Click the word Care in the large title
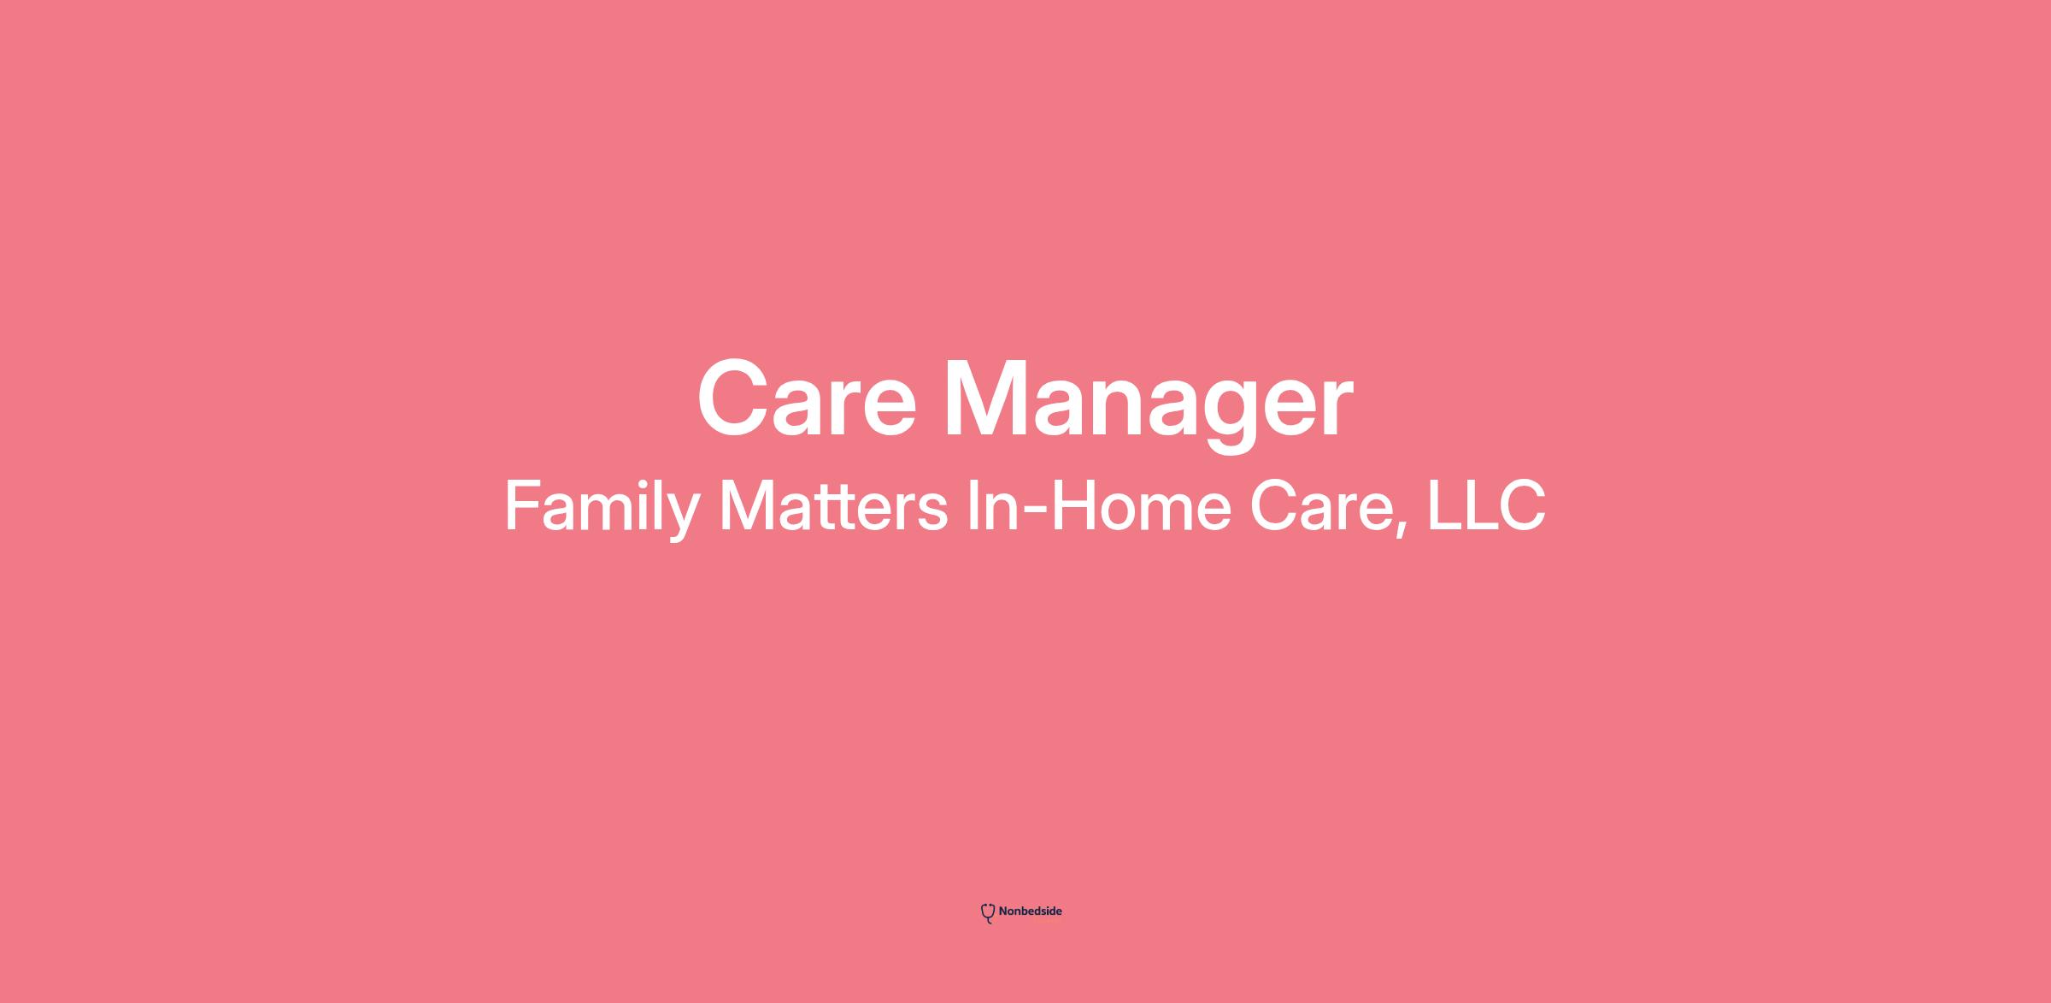pos(807,398)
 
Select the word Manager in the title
pos(1148,405)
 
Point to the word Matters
pos(833,505)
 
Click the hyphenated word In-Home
pos(1099,505)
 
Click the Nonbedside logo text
pos(1030,912)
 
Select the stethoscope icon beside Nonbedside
pos(988,913)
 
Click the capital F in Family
pos(523,505)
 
